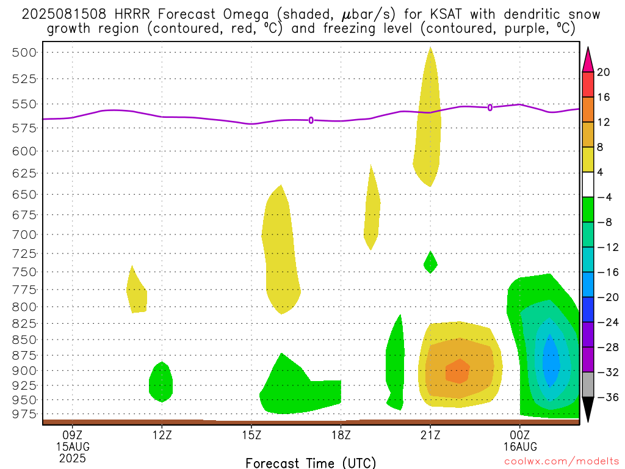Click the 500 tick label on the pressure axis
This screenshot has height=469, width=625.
(24, 53)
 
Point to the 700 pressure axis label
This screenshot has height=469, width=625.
(24, 234)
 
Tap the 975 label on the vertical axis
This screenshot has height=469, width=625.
(24, 415)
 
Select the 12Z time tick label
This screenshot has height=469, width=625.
(162, 435)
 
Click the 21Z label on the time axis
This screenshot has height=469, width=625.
(430, 435)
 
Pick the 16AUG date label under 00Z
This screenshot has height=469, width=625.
(520, 446)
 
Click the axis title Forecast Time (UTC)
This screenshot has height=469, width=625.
(311, 463)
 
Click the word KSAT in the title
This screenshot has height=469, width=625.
(446, 15)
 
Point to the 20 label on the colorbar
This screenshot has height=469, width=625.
(604, 72)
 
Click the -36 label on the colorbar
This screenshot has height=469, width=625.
(608, 397)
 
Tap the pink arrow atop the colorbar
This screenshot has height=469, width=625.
(588, 60)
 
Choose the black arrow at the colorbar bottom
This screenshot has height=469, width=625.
(588, 409)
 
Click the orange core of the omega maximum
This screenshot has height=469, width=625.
(458, 371)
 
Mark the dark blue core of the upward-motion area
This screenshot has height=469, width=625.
(551, 361)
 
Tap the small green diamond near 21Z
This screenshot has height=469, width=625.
(430, 263)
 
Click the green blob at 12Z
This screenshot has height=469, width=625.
(161, 382)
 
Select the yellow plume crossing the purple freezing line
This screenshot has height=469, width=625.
(427, 120)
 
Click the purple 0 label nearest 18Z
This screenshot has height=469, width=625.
(311, 120)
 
